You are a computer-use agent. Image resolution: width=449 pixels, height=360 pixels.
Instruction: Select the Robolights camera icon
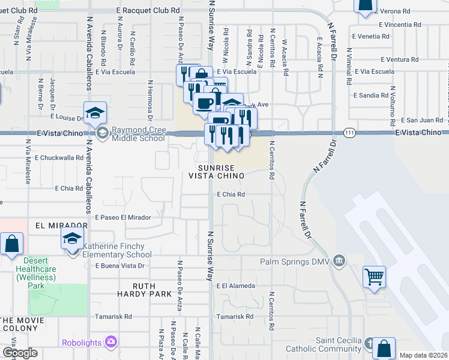click(x=110, y=342)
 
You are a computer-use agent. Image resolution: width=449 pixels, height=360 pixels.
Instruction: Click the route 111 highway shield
click(x=349, y=132)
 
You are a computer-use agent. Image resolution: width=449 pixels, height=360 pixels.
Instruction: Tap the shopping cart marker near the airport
click(x=374, y=277)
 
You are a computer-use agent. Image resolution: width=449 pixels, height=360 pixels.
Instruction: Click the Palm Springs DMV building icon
click(x=339, y=260)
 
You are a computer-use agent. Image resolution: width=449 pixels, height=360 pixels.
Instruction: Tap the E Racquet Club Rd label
click(x=148, y=11)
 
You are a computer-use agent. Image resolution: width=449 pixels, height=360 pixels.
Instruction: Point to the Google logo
click(x=19, y=353)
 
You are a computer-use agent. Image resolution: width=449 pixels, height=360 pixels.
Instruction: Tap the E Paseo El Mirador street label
click(x=122, y=217)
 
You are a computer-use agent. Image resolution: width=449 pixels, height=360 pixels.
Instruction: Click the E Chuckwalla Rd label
click(x=59, y=158)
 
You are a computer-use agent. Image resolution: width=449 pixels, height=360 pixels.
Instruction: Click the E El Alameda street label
click(x=236, y=286)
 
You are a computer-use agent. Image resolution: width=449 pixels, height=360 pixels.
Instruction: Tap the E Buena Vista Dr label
click(x=120, y=265)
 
